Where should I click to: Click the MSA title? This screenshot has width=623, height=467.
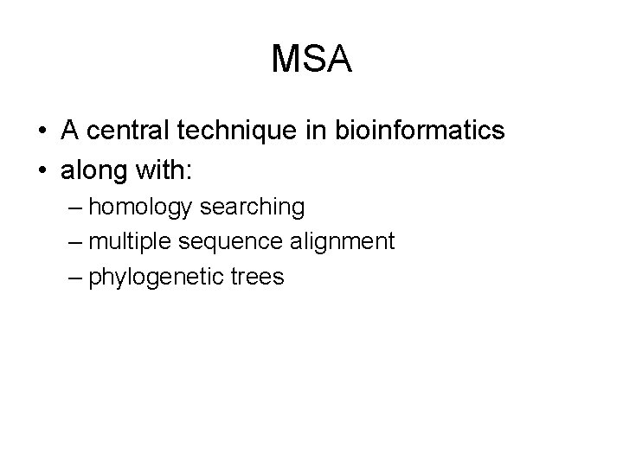pyautogui.click(x=311, y=60)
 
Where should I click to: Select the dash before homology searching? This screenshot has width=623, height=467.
pyautogui.click(x=74, y=208)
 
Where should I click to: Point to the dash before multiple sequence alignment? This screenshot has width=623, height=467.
pyautogui.click(x=74, y=243)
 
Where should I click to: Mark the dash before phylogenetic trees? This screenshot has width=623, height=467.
pyautogui.click(x=74, y=278)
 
